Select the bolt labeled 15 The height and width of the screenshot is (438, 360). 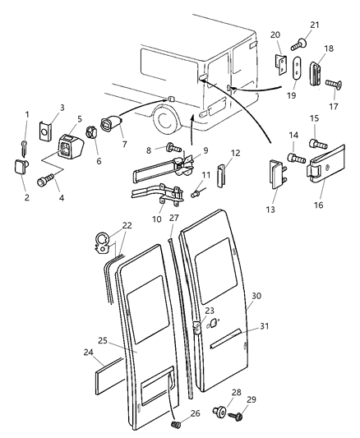(316, 145)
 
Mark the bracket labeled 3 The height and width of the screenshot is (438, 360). (46, 133)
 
